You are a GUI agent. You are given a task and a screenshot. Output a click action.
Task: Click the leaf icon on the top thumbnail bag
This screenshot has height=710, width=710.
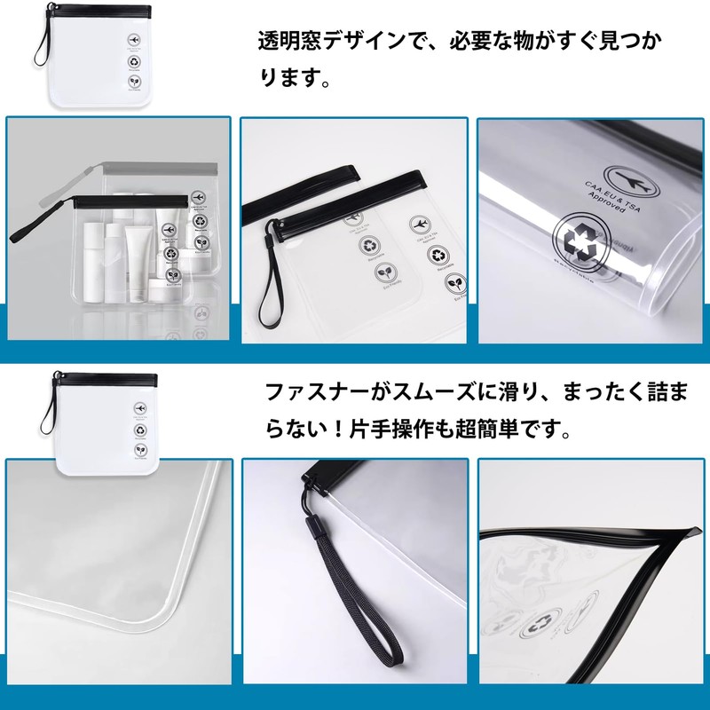[133, 85]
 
